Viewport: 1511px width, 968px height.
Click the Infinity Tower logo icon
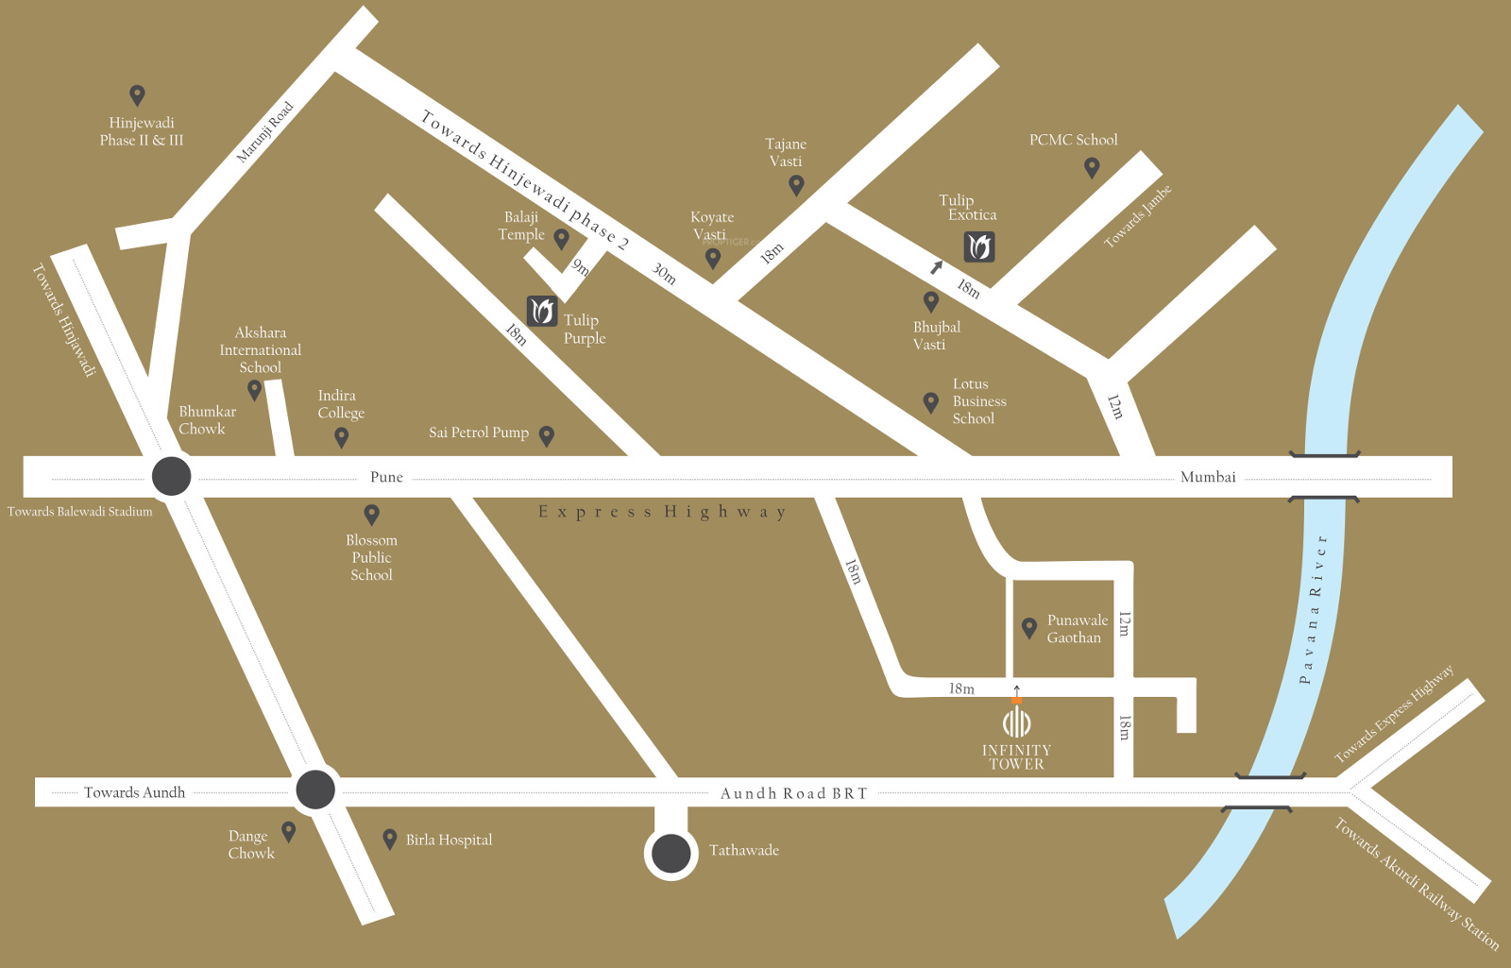click(1016, 722)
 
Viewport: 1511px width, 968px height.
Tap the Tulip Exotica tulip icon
click(979, 246)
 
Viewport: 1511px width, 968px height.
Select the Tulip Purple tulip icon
click(542, 310)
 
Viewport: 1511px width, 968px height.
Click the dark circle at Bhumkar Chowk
click(171, 476)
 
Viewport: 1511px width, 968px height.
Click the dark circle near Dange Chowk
click(315, 790)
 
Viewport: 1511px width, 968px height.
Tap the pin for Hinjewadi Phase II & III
click(137, 94)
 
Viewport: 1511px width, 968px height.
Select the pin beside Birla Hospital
click(389, 839)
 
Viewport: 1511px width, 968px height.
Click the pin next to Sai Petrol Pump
click(546, 435)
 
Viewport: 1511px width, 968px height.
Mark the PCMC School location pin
click(1092, 167)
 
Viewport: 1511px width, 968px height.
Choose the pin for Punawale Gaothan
click(1029, 627)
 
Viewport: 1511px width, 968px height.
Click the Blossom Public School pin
click(372, 514)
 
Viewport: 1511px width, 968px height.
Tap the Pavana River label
click(1313, 609)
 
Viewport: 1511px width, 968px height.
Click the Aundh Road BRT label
click(793, 793)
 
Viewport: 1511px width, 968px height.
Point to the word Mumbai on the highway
click(1208, 477)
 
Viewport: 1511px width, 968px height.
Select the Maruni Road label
click(264, 132)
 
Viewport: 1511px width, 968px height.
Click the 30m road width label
click(664, 274)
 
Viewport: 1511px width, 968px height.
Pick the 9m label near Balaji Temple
click(580, 267)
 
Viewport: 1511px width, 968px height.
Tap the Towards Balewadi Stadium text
click(80, 512)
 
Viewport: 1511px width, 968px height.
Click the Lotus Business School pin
click(930, 402)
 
